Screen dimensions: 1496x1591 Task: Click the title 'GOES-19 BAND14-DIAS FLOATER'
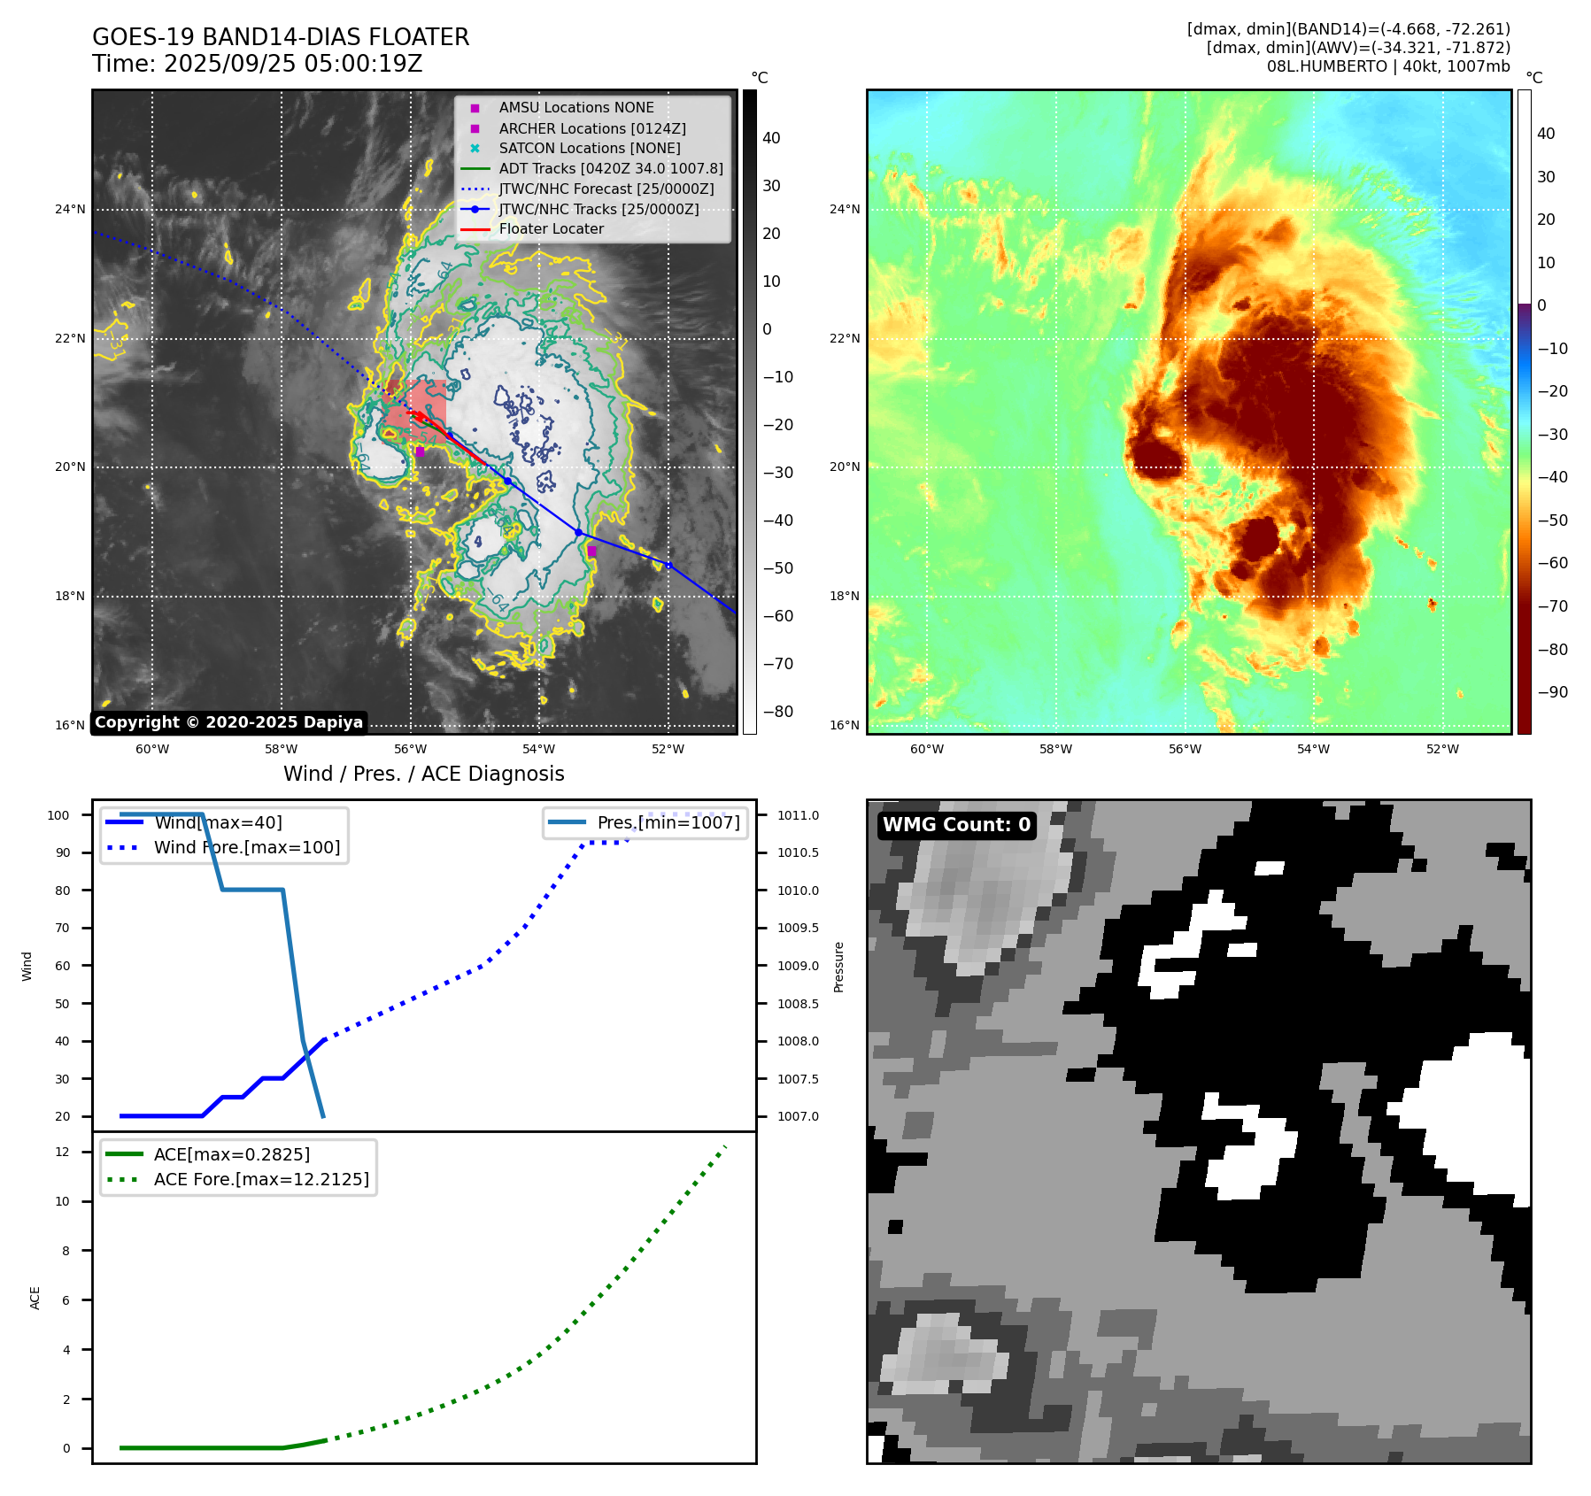point(281,37)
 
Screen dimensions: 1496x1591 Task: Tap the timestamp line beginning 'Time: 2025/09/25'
point(257,64)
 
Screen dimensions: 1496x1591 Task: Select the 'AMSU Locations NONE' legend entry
point(575,107)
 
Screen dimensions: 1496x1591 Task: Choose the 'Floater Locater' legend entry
point(551,228)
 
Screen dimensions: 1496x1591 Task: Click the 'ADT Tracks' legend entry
point(610,168)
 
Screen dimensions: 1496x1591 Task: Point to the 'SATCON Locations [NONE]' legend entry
point(589,148)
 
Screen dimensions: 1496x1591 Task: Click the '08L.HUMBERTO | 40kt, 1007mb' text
point(1387,66)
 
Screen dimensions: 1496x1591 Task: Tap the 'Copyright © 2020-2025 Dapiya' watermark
point(228,722)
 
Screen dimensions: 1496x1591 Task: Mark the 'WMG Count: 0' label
point(956,825)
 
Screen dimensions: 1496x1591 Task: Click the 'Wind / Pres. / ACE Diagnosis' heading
point(423,774)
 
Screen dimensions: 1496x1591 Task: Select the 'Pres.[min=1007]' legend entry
point(668,822)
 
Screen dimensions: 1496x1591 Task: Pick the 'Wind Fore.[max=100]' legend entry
point(246,847)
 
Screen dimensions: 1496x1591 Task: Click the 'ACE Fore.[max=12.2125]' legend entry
point(260,1179)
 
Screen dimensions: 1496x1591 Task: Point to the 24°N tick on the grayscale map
point(70,210)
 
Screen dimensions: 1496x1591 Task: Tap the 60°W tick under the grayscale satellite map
point(152,749)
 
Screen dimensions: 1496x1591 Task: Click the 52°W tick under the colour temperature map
point(1442,749)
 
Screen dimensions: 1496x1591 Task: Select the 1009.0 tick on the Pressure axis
point(798,966)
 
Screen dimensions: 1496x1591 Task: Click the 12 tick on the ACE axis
point(62,1152)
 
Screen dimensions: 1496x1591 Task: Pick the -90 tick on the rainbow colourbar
point(1552,692)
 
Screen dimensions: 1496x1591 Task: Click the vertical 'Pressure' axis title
point(838,967)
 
